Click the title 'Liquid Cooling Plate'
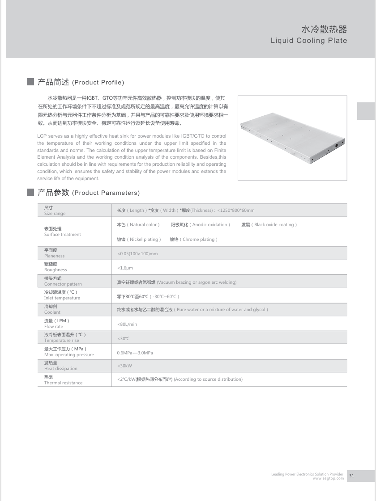click(x=309, y=41)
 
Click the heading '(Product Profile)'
click(x=98, y=83)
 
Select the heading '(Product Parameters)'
click(x=106, y=193)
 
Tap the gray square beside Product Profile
click(x=30, y=82)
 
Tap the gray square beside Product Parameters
click(x=30, y=192)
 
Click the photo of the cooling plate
click(x=292, y=138)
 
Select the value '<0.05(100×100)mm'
click(x=137, y=254)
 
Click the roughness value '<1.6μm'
click(x=125, y=268)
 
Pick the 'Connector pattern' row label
click(x=63, y=284)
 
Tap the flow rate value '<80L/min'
click(x=127, y=324)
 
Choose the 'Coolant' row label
click(x=52, y=312)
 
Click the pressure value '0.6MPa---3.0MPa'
click(x=135, y=353)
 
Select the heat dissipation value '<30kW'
click(x=124, y=366)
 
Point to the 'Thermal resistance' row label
click(x=63, y=383)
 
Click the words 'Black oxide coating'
click(x=274, y=225)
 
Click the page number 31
click(x=351, y=476)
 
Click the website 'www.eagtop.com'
click(x=328, y=479)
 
